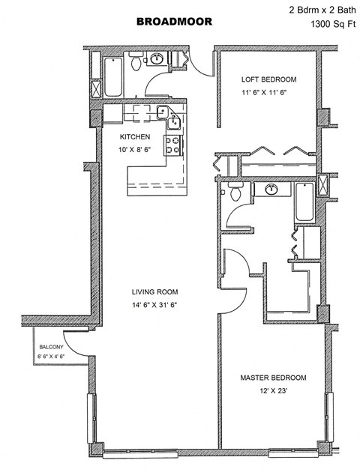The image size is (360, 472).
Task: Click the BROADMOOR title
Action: (x=174, y=22)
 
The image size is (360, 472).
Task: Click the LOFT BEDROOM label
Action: (x=268, y=79)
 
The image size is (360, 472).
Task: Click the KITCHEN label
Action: (x=136, y=137)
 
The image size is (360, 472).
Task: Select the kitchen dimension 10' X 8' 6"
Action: (x=136, y=150)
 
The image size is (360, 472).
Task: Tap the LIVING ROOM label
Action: (x=156, y=292)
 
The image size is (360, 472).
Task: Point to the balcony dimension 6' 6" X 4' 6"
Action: (x=52, y=357)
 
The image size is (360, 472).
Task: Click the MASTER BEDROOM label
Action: (x=274, y=378)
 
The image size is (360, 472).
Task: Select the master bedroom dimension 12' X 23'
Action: (x=274, y=391)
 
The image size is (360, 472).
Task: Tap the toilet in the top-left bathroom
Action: (x=136, y=64)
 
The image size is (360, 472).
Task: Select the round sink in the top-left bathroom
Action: (x=159, y=59)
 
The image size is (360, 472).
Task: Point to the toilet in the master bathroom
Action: (x=235, y=193)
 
